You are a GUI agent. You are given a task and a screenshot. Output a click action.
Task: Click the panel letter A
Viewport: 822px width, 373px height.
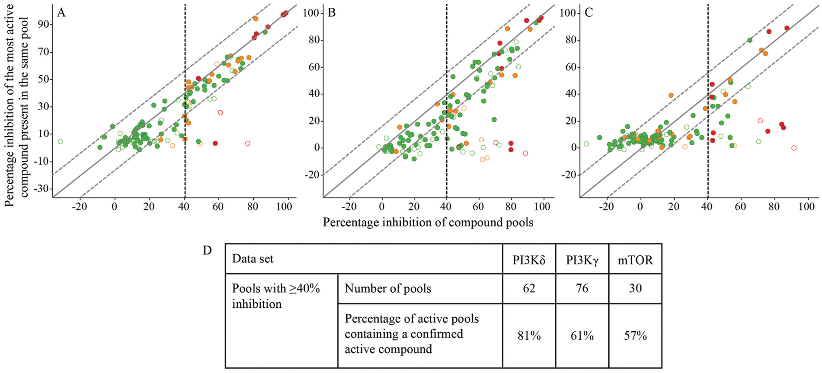tap(61, 13)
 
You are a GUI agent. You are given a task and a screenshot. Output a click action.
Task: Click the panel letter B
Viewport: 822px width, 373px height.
tap(332, 13)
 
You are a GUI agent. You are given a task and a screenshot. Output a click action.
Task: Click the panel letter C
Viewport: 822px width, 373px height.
tap(589, 13)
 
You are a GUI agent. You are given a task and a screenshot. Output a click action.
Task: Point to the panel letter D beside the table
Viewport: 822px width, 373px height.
tap(207, 250)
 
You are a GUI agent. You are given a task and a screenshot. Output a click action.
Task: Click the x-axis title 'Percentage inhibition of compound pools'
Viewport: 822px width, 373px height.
tap(428, 222)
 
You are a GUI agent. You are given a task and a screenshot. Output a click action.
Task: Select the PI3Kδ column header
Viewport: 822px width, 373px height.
tap(529, 260)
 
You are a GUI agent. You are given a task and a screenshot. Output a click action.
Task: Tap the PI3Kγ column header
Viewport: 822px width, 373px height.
tap(582, 260)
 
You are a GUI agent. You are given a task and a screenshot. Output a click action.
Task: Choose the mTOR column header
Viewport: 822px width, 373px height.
tap(635, 260)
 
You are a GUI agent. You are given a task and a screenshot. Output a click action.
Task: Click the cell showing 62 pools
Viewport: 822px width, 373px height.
tap(529, 288)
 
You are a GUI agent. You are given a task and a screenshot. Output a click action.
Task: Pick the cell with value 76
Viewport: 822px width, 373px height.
tap(582, 288)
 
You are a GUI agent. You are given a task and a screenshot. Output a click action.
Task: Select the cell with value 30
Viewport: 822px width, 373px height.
tap(635, 288)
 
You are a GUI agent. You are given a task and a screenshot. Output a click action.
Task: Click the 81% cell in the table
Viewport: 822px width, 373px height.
tap(529, 336)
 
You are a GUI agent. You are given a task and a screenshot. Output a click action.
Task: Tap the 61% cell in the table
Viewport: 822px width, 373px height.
tap(582, 336)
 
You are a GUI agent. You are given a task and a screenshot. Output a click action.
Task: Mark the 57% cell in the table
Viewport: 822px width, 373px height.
tap(635, 336)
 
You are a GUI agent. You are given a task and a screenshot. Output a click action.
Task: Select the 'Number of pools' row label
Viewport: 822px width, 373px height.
tap(388, 288)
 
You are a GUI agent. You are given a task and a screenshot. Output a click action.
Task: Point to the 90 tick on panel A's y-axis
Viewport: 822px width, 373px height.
tap(44, 25)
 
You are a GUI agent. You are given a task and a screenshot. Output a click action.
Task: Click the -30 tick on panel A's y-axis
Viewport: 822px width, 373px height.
tap(42, 189)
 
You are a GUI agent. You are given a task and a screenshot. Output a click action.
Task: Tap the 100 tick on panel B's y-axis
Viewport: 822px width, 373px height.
tap(311, 13)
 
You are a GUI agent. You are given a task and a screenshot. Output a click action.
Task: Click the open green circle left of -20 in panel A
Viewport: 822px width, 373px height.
tap(61, 142)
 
